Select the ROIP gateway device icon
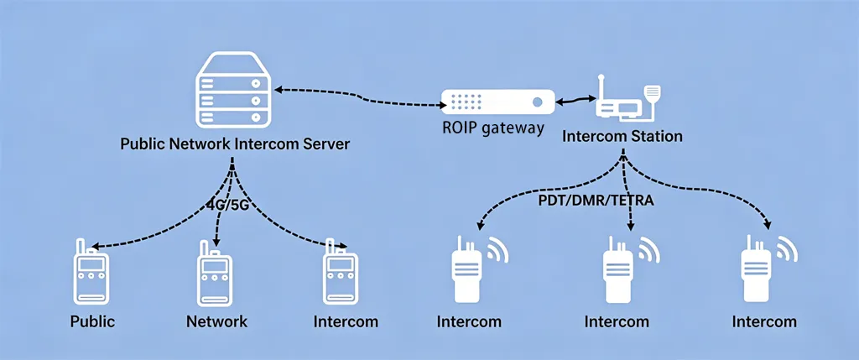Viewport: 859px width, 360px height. point(497,102)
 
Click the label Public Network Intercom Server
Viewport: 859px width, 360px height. point(235,143)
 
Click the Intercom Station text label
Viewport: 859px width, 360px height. point(622,135)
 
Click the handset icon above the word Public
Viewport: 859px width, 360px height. point(90,277)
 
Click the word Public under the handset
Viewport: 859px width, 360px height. point(92,321)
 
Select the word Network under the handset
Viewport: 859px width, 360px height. point(216,321)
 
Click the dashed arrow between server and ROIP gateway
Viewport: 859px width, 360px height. point(361,97)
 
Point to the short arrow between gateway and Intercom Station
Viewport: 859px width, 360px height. point(575,102)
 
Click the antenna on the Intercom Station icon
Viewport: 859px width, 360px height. point(601,85)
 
